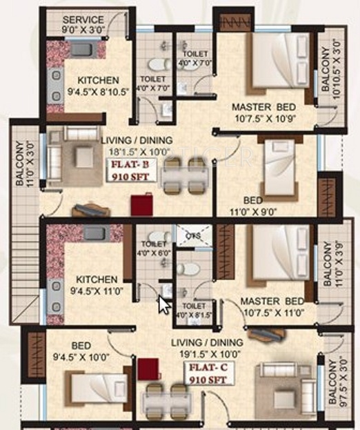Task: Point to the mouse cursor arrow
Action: coord(163,304)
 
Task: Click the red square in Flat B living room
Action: coord(143,204)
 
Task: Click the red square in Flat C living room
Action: coord(148,369)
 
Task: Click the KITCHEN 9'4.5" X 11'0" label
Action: coord(97,285)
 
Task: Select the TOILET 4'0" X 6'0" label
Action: coord(152,248)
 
